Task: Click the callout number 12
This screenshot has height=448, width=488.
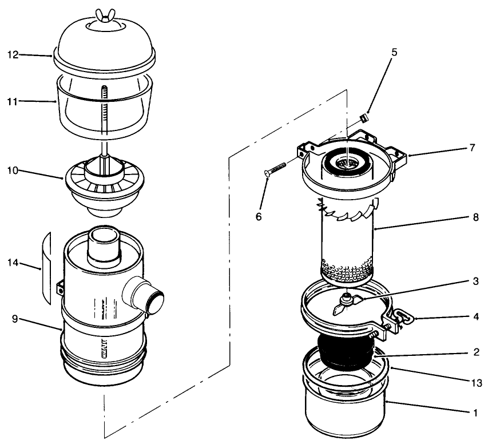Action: [13, 55]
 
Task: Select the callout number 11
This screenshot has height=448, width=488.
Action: [13, 101]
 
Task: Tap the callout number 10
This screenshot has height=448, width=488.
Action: [13, 170]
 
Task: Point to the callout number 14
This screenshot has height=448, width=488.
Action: [13, 263]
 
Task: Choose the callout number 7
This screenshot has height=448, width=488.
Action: [472, 148]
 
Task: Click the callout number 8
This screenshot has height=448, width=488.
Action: [472, 218]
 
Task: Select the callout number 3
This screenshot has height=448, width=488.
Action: [472, 281]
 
